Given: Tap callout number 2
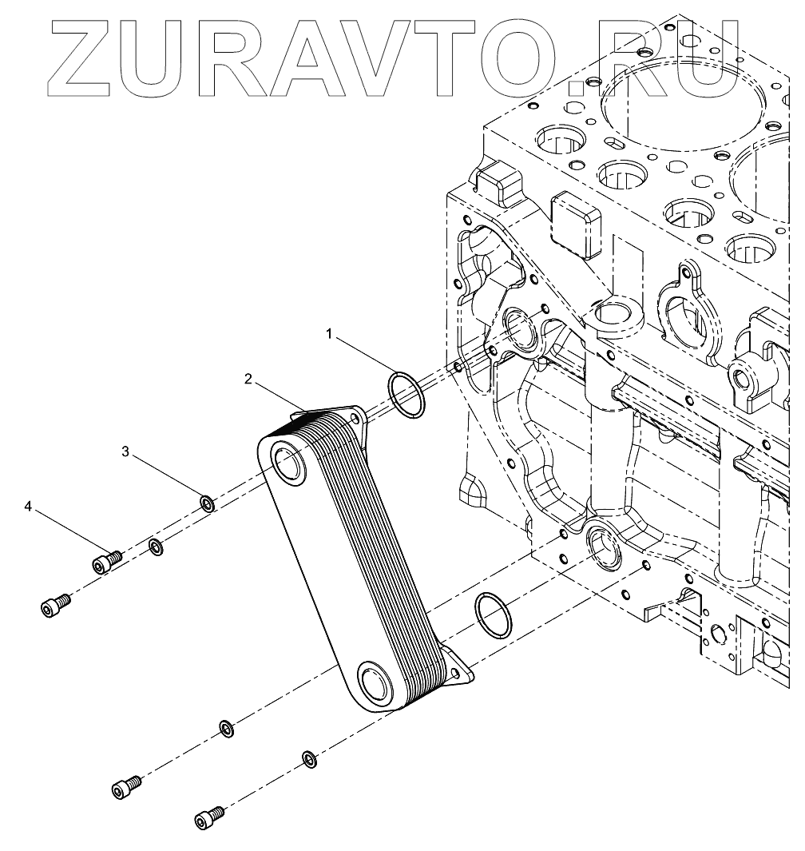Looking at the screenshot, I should pyautogui.click(x=249, y=379).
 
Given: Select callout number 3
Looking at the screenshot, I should pyautogui.click(x=125, y=451).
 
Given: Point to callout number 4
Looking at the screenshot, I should pyautogui.click(x=29, y=507).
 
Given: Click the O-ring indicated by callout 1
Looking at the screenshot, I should pyautogui.click(x=406, y=394).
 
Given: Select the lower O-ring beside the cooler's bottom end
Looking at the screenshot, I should pyautogui.click(x=494, y=616).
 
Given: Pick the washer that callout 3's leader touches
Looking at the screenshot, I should pyautogui.click(x=206, y=503).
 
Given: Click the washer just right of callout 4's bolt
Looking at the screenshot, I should pyautogui.click(x=157, y=548).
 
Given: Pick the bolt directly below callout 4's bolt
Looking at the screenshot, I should pyautogui.click(x=54, y=606).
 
